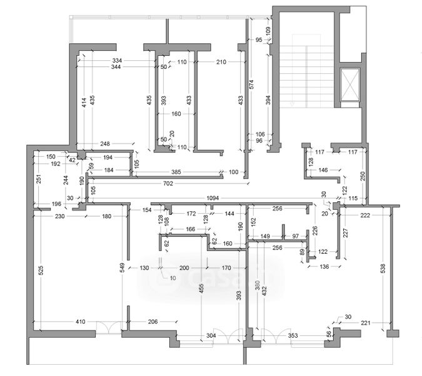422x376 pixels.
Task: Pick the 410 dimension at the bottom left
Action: tap(81, 321)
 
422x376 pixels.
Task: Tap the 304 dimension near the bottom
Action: tap(194, 335)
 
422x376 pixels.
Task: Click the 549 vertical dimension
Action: tap(122, 270)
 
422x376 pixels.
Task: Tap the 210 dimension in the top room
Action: tap(221, 62)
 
